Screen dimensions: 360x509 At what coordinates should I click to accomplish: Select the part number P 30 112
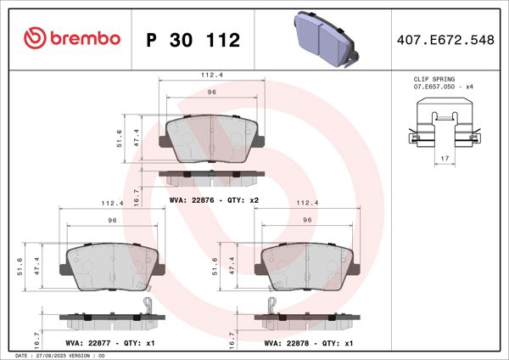(193, 40)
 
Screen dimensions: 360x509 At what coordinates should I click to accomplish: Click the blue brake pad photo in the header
(325, 40)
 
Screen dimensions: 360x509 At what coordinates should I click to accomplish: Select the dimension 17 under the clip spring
(444, 158)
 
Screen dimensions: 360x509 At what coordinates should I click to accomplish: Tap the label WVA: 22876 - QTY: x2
(213, 200)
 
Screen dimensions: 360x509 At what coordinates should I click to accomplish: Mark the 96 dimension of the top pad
(212, 92)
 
